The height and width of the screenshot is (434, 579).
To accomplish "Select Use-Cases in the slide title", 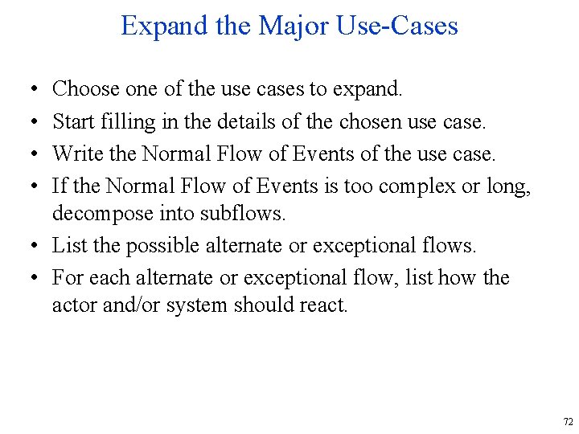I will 398,26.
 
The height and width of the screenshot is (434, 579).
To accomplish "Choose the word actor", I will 73,305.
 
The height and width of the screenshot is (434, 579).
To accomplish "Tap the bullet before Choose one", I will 29,89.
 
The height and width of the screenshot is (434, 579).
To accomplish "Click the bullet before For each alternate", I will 29,277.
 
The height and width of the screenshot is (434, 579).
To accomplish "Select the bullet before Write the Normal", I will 29,154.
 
